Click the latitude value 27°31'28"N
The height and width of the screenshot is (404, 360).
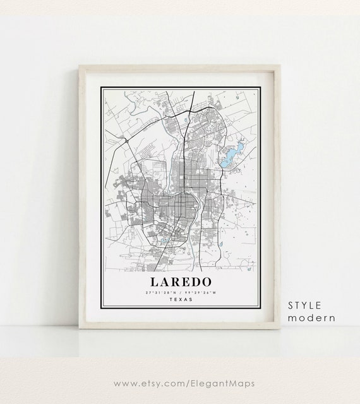click(161, 293)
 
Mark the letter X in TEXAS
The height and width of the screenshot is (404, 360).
click(183, 300)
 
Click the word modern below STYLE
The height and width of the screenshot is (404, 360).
click(311, 318)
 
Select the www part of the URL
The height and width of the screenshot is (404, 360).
click(125, 383)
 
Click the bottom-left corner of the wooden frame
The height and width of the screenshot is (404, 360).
click(79, 328)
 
